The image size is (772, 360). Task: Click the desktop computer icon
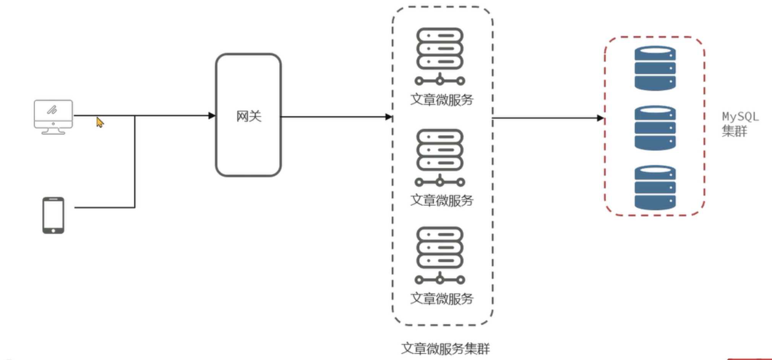pos(53,117)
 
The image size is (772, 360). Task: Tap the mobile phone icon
pos(53,215)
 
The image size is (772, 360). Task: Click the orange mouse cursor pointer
pos(99,122)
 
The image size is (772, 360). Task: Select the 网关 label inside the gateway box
pos(249,116)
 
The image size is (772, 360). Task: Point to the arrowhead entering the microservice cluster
pos(389,117)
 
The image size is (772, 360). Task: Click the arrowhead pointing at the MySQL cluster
pos(600,118)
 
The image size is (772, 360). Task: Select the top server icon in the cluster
pos(440,56)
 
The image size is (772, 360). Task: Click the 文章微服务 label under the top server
pos(442,100)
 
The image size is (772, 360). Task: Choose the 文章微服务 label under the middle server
pos(442,200)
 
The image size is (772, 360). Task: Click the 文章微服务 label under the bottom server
pos(442,298)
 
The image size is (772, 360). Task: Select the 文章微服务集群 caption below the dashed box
pos(445,349)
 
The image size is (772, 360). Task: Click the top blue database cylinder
pos(655,68)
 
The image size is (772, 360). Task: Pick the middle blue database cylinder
pos(655,128)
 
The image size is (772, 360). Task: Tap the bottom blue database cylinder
pos(655,187)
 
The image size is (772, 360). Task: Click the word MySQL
pos(740,117)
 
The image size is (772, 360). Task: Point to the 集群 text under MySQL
pos(734,131)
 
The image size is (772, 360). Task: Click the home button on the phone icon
pos(53,230)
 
